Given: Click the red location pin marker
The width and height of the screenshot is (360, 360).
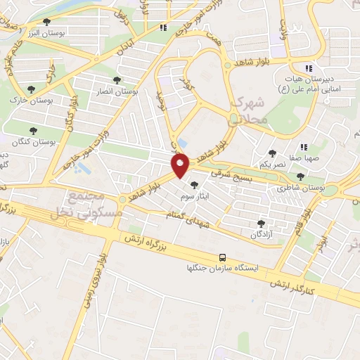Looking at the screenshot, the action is tap(180, 166).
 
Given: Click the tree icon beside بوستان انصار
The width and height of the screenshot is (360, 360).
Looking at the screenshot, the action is tap(117, 80).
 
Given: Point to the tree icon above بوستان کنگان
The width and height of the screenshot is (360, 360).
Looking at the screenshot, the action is tap(33, 130).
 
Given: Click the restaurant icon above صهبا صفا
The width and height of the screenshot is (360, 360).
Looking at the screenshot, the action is tap(304, 147).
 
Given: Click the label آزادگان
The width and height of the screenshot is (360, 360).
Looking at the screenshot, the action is tap(262, 233).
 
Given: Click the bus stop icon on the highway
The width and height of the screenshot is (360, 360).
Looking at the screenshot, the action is tap(223, 257).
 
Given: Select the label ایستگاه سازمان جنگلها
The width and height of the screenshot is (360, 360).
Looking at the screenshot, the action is tap(222, 269).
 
